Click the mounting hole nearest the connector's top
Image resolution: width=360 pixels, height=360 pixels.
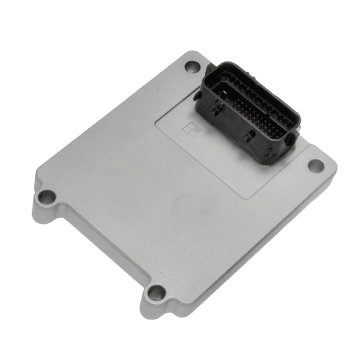click(192, 67)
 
